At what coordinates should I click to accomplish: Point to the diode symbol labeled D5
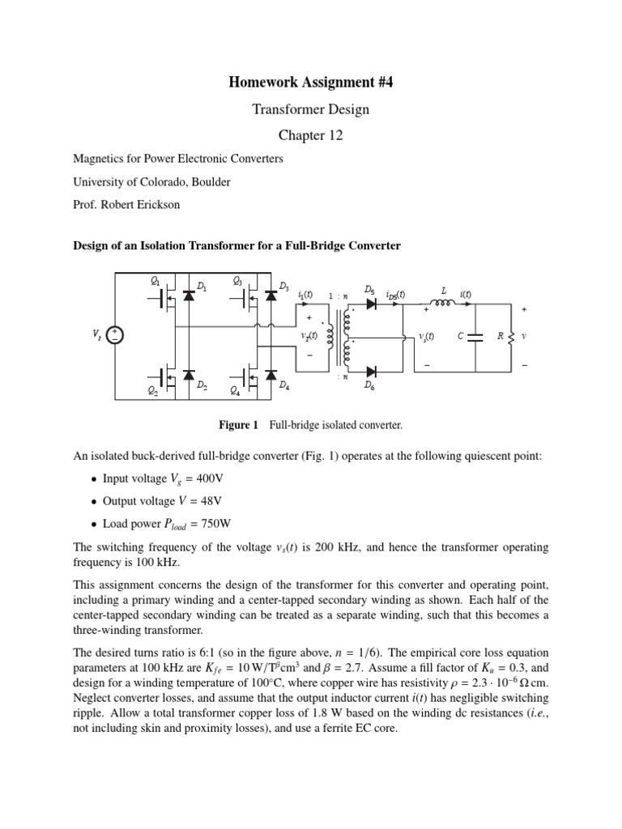[373, 305]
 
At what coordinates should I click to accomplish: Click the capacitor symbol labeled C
[475, 337]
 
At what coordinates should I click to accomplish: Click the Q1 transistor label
[155, 281]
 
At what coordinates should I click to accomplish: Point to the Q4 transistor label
[235, 392]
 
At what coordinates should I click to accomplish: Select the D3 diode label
[283, 286]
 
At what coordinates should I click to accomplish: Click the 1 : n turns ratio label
[338, 295]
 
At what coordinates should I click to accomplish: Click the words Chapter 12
[311, 136]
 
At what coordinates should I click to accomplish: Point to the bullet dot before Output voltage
[93, 502]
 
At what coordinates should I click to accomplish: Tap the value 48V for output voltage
[208, 501]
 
